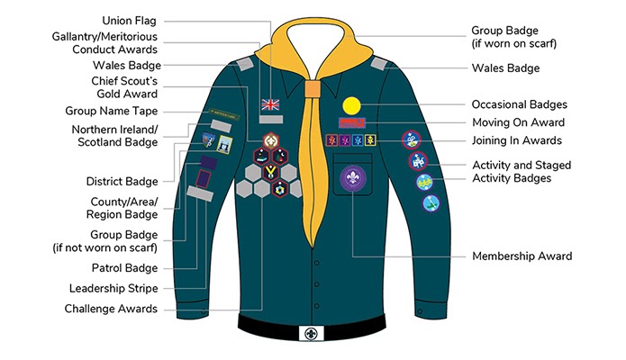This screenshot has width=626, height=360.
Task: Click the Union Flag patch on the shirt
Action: (270, 104)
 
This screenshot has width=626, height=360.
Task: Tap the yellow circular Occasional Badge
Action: (350, 104)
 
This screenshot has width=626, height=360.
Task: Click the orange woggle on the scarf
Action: (311, 91)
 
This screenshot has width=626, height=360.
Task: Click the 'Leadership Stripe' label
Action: (113, 289)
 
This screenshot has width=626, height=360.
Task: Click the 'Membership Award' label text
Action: (522, 256)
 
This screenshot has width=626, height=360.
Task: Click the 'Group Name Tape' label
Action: (112, 111)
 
